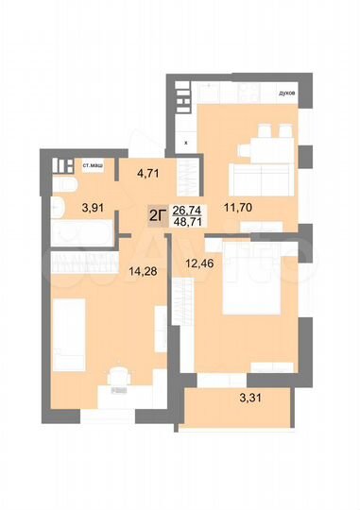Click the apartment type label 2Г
pos(158,215)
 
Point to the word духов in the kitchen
pos(287,93)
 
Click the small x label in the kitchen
pos(186,143)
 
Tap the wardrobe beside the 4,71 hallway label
pos(189,174)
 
